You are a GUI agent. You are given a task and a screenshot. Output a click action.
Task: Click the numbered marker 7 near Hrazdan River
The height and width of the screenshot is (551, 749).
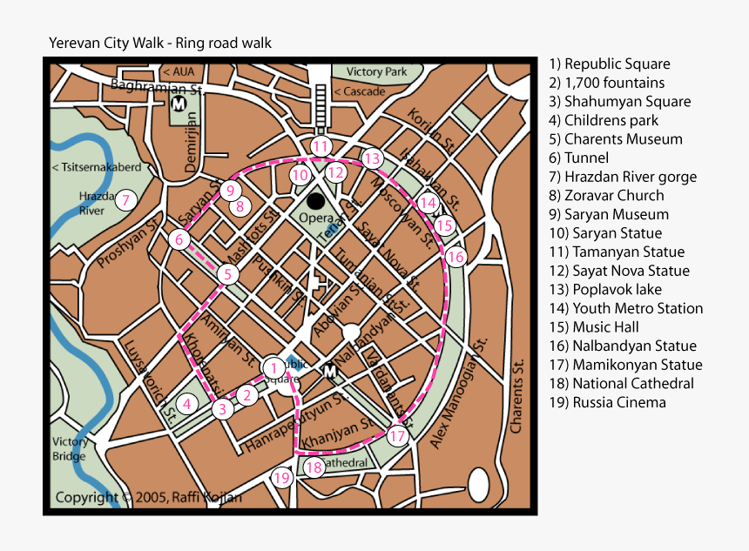[126, 200]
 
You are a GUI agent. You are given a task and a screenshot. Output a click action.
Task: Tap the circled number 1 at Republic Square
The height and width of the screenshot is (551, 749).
[273, 367]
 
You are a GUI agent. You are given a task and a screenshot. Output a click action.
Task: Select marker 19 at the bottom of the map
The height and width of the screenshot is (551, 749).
[280, 477]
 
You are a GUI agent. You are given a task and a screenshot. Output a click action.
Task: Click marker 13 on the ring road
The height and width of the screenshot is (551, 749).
[373, 158]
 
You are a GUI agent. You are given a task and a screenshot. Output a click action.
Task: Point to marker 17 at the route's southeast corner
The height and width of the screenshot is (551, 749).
[397, 436]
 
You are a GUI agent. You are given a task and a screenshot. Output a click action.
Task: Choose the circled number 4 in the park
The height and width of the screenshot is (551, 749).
[186, 403]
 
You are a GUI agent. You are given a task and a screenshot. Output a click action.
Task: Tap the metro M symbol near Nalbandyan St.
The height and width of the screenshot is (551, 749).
[331, 373]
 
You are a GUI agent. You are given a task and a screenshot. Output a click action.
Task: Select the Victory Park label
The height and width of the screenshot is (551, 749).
[376, 71]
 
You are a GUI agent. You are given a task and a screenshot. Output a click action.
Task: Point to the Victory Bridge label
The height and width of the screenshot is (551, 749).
[69, 448]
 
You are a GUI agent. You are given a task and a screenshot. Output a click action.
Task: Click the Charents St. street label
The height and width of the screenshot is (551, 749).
[517, 396]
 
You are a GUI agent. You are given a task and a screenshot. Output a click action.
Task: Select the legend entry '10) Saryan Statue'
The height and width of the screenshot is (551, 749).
[604, 233]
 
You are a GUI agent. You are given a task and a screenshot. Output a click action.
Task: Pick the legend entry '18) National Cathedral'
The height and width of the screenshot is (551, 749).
[621, 384]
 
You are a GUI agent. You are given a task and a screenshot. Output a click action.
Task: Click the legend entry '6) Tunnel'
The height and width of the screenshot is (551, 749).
[578, 158]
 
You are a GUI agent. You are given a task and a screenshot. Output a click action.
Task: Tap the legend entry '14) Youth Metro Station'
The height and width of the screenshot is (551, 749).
[625, 308]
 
